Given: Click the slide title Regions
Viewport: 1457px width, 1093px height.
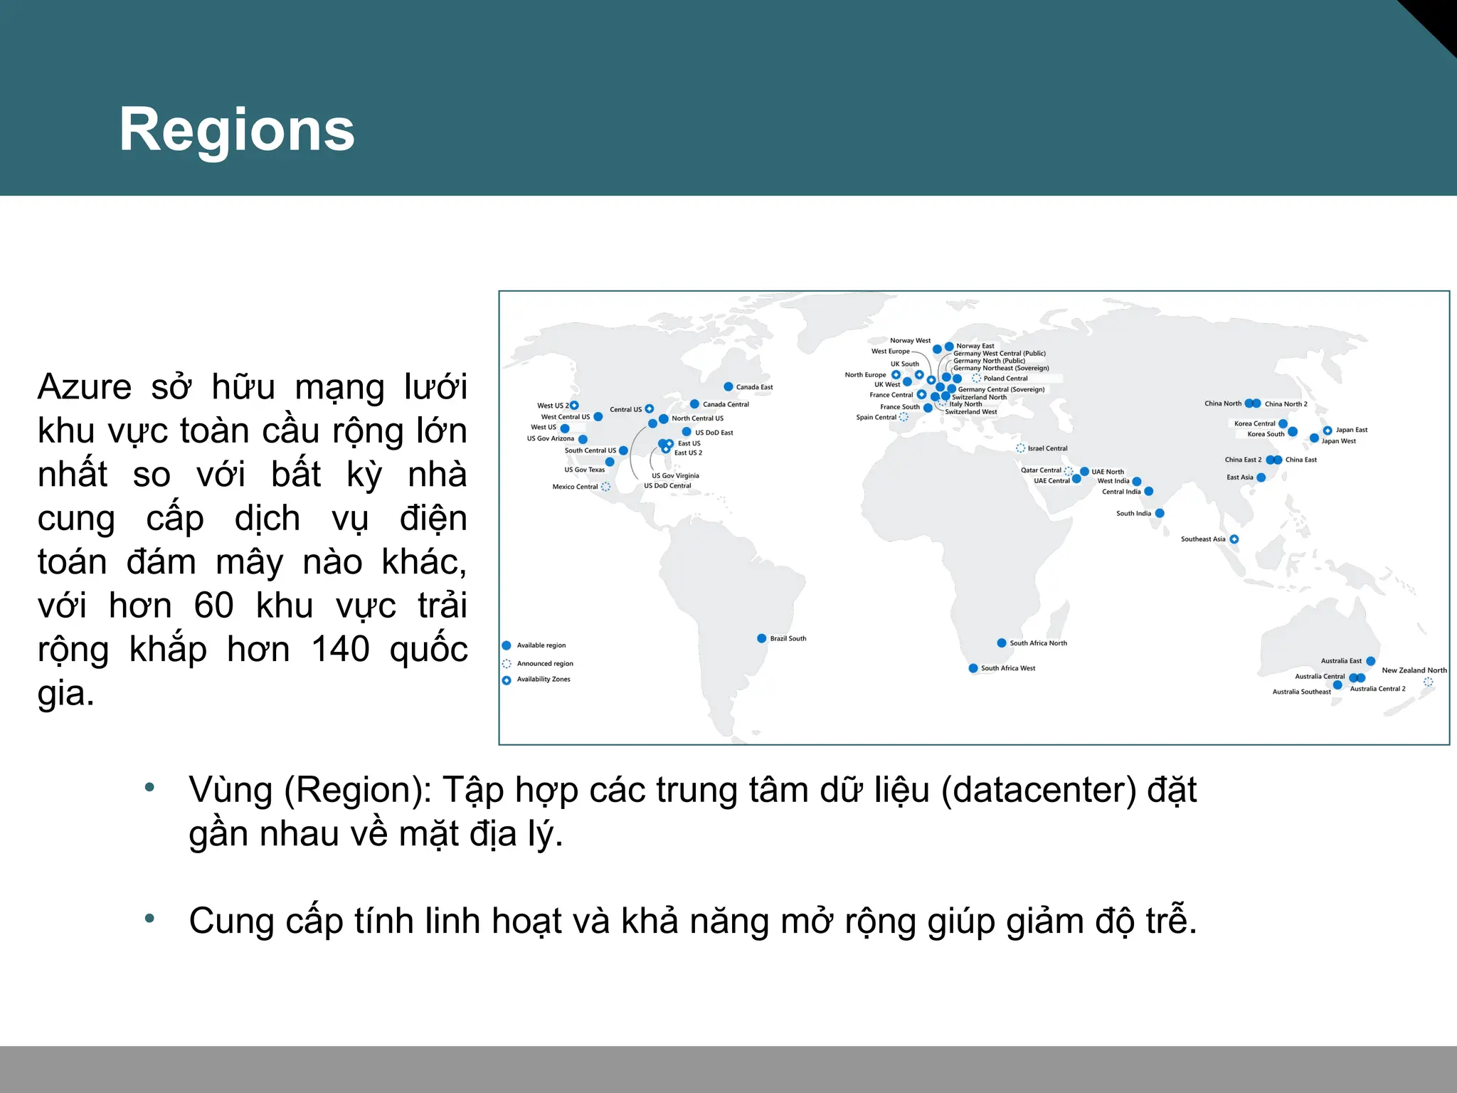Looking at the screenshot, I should [x=237, y=130].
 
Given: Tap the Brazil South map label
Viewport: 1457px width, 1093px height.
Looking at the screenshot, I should [x=788, y=638].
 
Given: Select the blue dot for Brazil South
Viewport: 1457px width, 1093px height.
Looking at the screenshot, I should [x=762, y=638].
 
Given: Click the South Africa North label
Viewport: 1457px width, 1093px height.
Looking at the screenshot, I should [x=1038, y=643].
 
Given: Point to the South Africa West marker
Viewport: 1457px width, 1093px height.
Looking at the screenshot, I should [x=973, y=668].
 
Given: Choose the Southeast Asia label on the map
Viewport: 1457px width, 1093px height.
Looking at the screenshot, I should [x=1203, y=539].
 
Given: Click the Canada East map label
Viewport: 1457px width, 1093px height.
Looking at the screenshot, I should [x=754, y=387].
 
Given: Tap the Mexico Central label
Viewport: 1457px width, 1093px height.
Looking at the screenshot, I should [x=575, y=487].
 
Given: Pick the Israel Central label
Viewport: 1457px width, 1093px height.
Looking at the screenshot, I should [x=1047, y=448].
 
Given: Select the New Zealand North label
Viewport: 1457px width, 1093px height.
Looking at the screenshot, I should [x=1414, y=670].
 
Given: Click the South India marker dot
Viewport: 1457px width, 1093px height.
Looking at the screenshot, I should [x=1160, y=513].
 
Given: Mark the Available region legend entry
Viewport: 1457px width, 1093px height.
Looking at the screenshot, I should [x=541, y=645].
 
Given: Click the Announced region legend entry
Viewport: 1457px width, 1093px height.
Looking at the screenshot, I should [x=544, y=663].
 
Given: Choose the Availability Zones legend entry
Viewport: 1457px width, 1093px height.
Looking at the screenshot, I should [x=544, y=680].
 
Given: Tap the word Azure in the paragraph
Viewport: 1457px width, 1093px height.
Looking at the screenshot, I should [x=85, y=388].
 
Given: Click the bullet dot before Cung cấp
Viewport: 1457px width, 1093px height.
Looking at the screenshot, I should [x=149, y=919].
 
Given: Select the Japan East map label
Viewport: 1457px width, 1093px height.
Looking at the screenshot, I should [x=1352, y=430].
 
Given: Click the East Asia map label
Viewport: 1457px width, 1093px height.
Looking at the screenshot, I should [x=1240, y=477].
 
